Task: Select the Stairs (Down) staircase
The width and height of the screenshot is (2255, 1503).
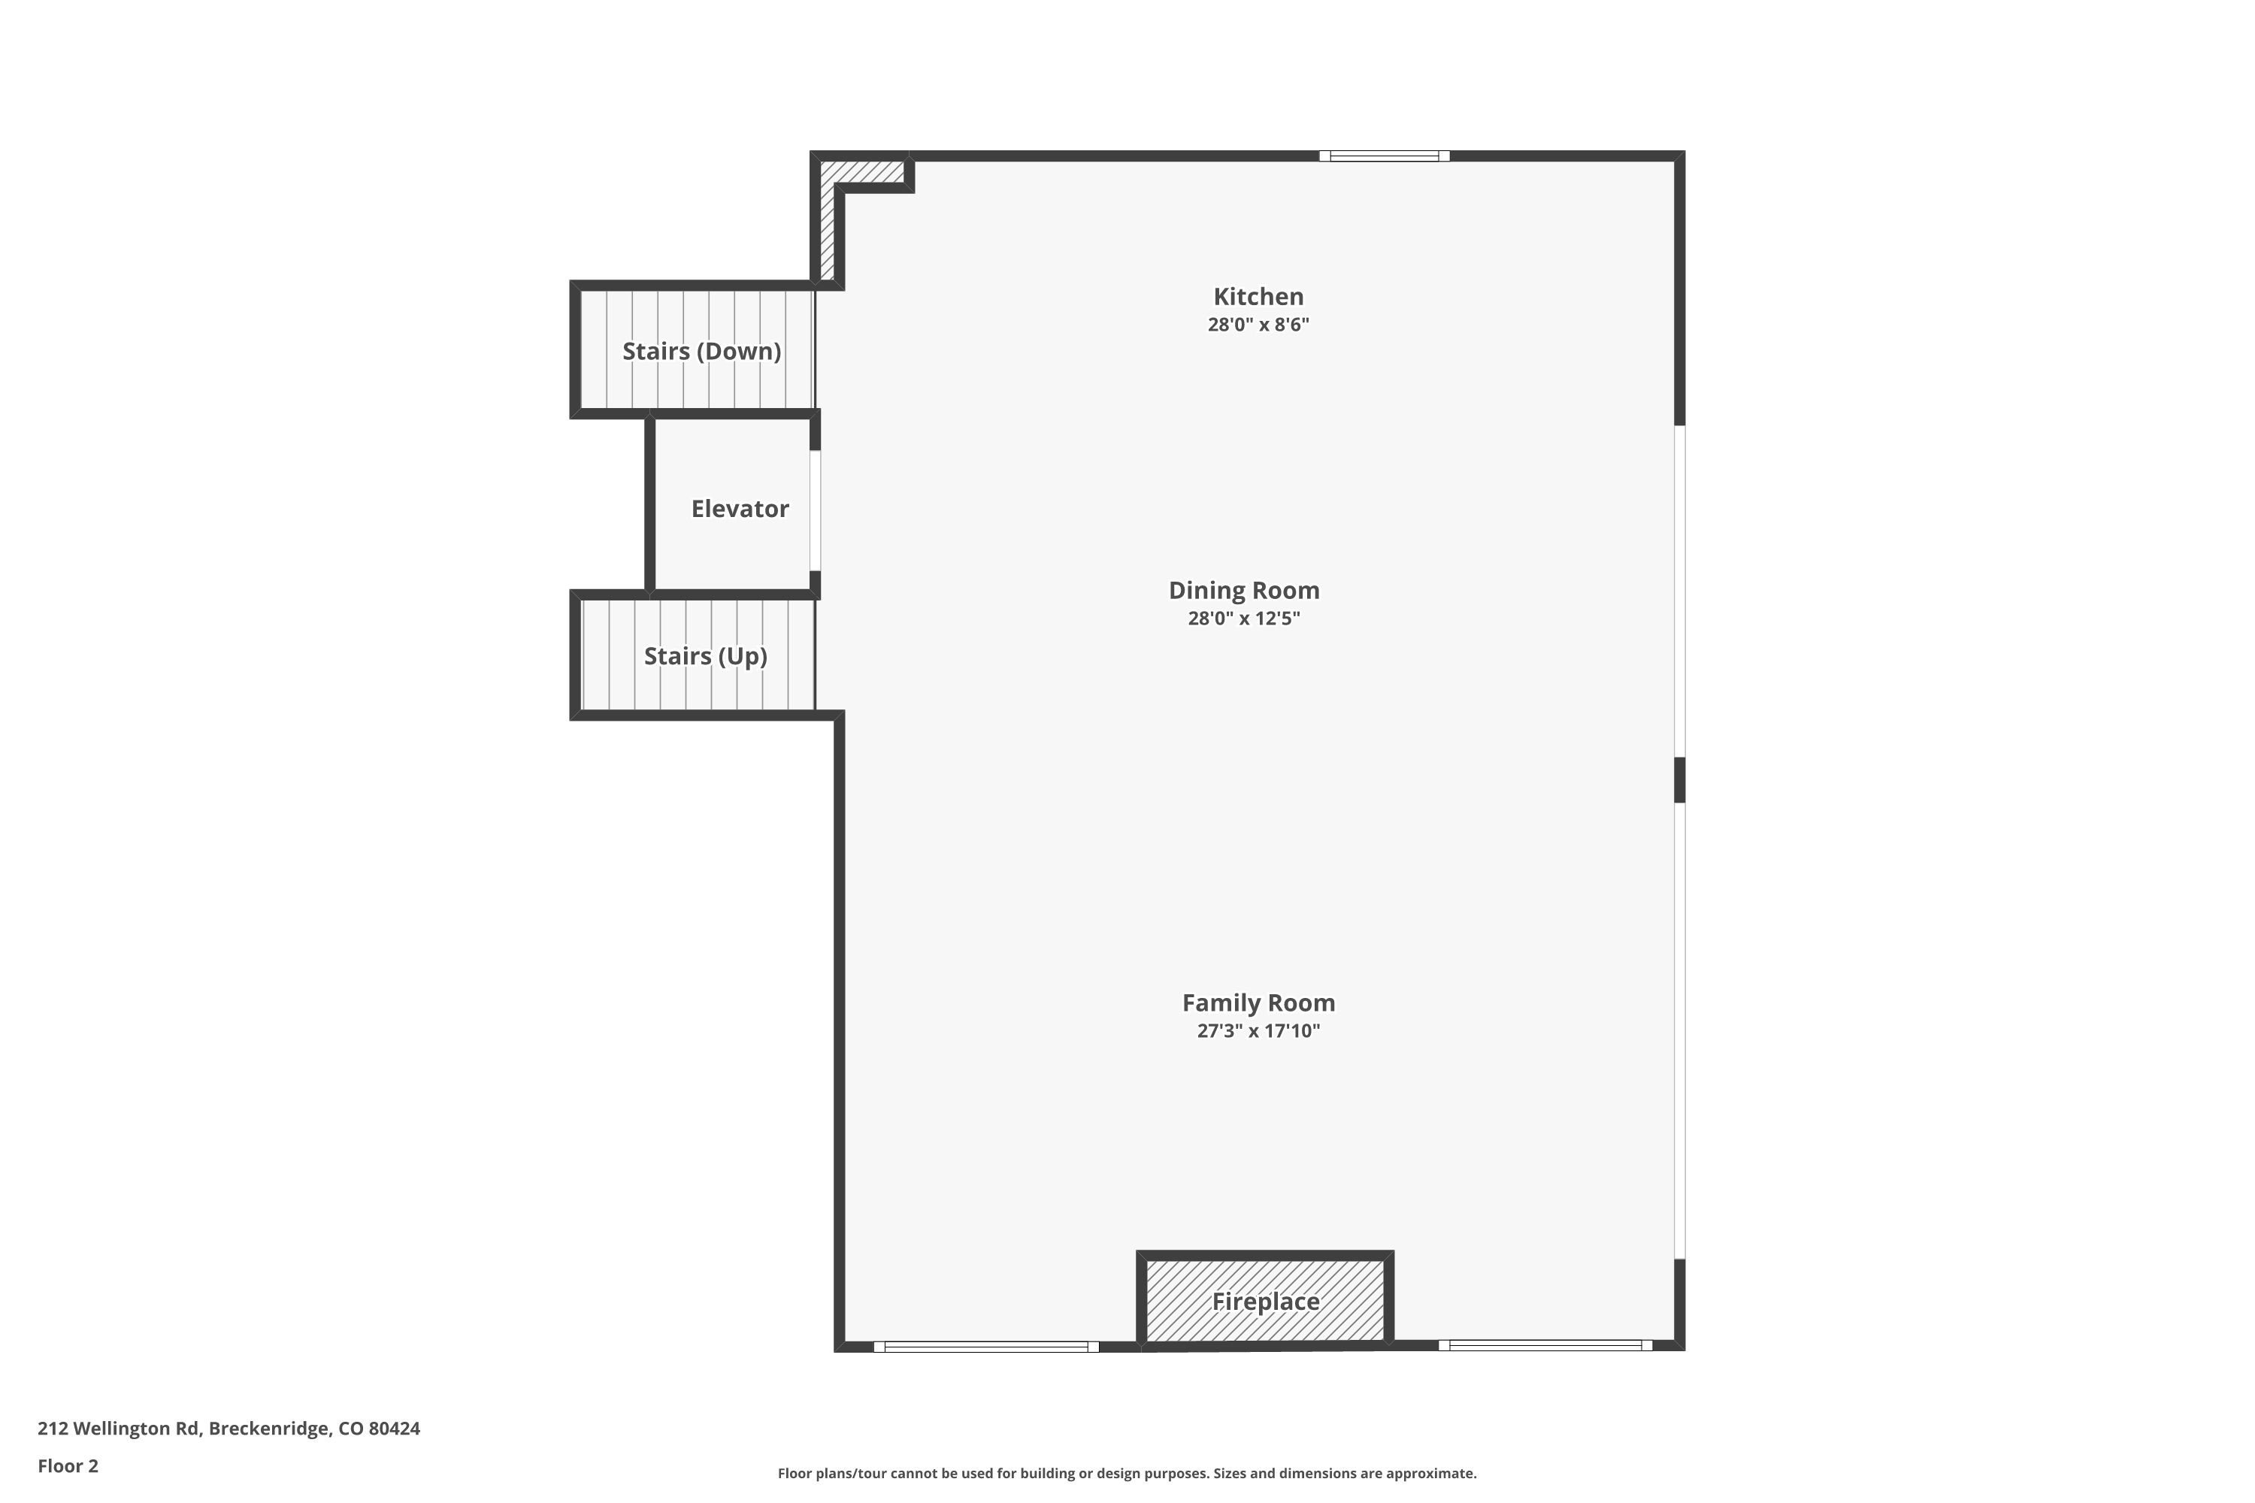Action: click(697, 350)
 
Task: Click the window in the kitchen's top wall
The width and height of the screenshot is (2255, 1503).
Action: click(1384, 156)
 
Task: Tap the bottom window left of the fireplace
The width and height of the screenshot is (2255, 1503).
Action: click(985, 1347)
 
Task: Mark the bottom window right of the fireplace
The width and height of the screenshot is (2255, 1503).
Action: click(1545, 1346)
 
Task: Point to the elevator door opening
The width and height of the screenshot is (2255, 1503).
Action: click(816, 511)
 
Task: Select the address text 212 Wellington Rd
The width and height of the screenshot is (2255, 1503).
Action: click(119, 1429)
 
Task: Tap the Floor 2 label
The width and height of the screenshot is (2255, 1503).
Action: click(68, 1465)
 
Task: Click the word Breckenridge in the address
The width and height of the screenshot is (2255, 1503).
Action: click(268, 1429)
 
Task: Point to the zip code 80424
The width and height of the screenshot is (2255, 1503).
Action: click(394, 1429)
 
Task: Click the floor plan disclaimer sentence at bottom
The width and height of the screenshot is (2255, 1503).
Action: click(1127, 1473)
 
